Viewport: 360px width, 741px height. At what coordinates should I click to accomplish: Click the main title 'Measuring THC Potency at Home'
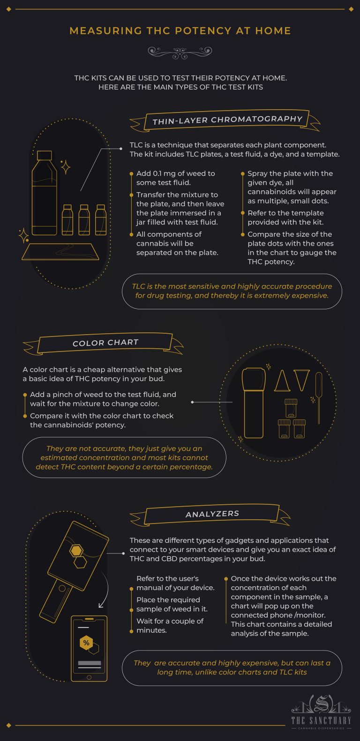180,31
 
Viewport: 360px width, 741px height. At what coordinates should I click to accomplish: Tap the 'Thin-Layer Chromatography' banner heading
227,120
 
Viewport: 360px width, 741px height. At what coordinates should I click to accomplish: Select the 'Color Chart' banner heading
105,343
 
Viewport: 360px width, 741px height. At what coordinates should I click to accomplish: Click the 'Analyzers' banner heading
212,514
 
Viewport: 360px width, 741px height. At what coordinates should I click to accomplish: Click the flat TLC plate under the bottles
60,252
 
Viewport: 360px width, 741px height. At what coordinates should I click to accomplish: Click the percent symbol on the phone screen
86,643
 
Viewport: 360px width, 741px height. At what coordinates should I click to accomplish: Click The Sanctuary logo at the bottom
321,713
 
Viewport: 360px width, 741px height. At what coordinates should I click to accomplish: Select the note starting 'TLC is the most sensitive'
232,291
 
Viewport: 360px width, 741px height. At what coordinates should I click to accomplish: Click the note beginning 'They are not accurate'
124,457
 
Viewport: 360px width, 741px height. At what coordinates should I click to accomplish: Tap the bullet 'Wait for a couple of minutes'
170,626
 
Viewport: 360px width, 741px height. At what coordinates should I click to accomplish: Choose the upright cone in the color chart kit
282,381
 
